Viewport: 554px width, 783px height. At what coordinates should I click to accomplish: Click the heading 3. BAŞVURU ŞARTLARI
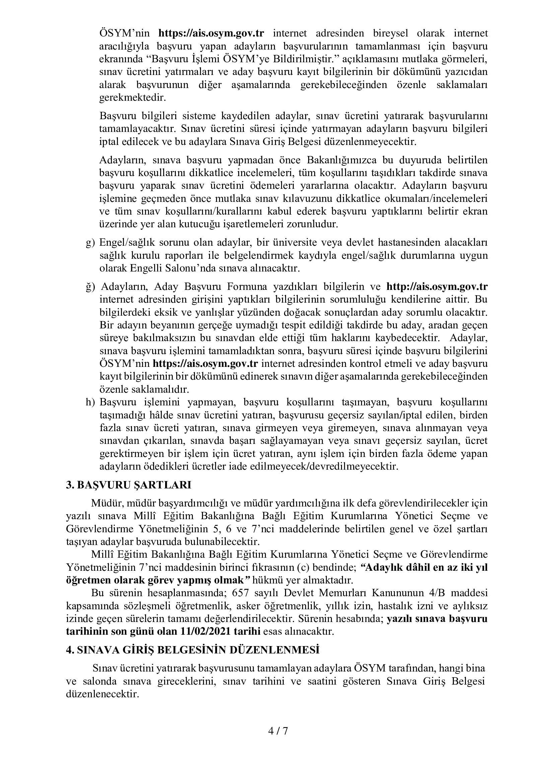pos(128,485)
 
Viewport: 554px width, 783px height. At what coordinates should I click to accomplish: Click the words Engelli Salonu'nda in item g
pos(165,268)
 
